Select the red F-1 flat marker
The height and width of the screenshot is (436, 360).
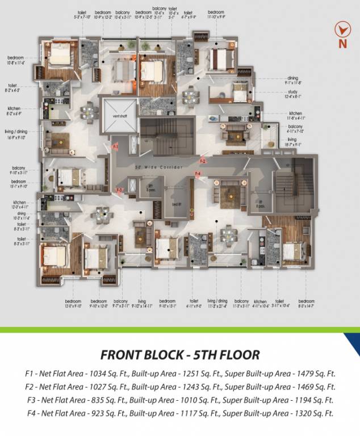115,147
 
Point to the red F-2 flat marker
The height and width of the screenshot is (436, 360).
203,161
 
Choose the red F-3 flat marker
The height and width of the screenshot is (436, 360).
119,190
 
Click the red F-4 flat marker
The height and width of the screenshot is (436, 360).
198,173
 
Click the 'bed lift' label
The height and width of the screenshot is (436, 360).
176,203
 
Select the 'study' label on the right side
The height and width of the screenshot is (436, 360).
293,93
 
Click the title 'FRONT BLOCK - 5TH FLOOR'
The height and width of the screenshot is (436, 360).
180,355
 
